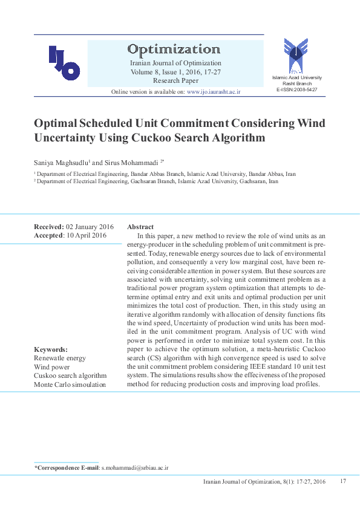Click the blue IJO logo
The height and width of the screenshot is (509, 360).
64,63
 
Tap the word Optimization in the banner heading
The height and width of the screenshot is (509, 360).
173,49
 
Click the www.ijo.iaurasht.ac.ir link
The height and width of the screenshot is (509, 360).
214,91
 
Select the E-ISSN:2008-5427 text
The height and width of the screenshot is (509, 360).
296,89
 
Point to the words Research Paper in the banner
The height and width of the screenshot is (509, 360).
175,80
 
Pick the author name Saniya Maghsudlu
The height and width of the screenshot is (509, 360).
61,163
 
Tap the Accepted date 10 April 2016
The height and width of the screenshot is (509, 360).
86,235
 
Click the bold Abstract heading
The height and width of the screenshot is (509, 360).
140,227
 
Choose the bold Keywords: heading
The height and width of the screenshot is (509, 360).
51,349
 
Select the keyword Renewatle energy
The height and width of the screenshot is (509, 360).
60,358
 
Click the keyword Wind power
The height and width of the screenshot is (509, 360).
52,366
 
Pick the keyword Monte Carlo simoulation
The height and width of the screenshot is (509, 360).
70,384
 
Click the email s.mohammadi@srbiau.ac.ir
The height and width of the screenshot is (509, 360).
135,468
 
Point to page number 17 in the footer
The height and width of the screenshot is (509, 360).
342,481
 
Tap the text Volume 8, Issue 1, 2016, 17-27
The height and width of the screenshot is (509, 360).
175,71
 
